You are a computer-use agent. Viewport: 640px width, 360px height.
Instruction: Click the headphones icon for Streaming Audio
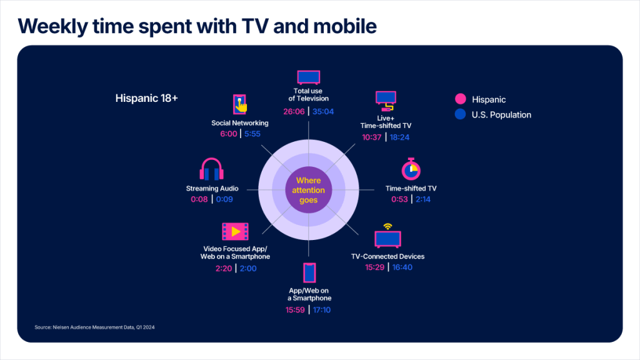pos(211,170)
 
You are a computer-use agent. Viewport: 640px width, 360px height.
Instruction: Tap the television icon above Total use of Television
pos(308,77)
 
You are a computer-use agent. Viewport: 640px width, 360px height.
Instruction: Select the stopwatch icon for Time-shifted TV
pos(410,169)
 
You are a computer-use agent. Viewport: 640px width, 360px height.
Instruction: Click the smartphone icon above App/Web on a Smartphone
pos(309,273)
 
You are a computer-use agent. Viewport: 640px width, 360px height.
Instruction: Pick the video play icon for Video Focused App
pos(234,231)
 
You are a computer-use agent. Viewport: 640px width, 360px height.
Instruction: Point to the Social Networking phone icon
pos(239,103)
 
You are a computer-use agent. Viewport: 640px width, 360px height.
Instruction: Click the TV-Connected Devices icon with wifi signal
pos(387,236)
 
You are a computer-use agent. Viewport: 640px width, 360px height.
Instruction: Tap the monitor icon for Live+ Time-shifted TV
pos(385,100)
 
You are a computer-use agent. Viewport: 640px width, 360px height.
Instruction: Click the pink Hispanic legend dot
pos(461,99)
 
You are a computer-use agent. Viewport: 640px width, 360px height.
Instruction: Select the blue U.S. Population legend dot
pos(461,114)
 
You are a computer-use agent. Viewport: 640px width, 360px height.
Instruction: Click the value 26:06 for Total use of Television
pos(294,112)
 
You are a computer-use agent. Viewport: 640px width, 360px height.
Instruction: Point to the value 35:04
pos(324,112)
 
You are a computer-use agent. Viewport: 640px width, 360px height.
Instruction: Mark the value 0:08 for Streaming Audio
pos(200,199)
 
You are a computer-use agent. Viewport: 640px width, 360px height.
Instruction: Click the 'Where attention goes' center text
pos(308,191)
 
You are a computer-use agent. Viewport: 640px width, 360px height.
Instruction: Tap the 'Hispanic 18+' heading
pos(147,98)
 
